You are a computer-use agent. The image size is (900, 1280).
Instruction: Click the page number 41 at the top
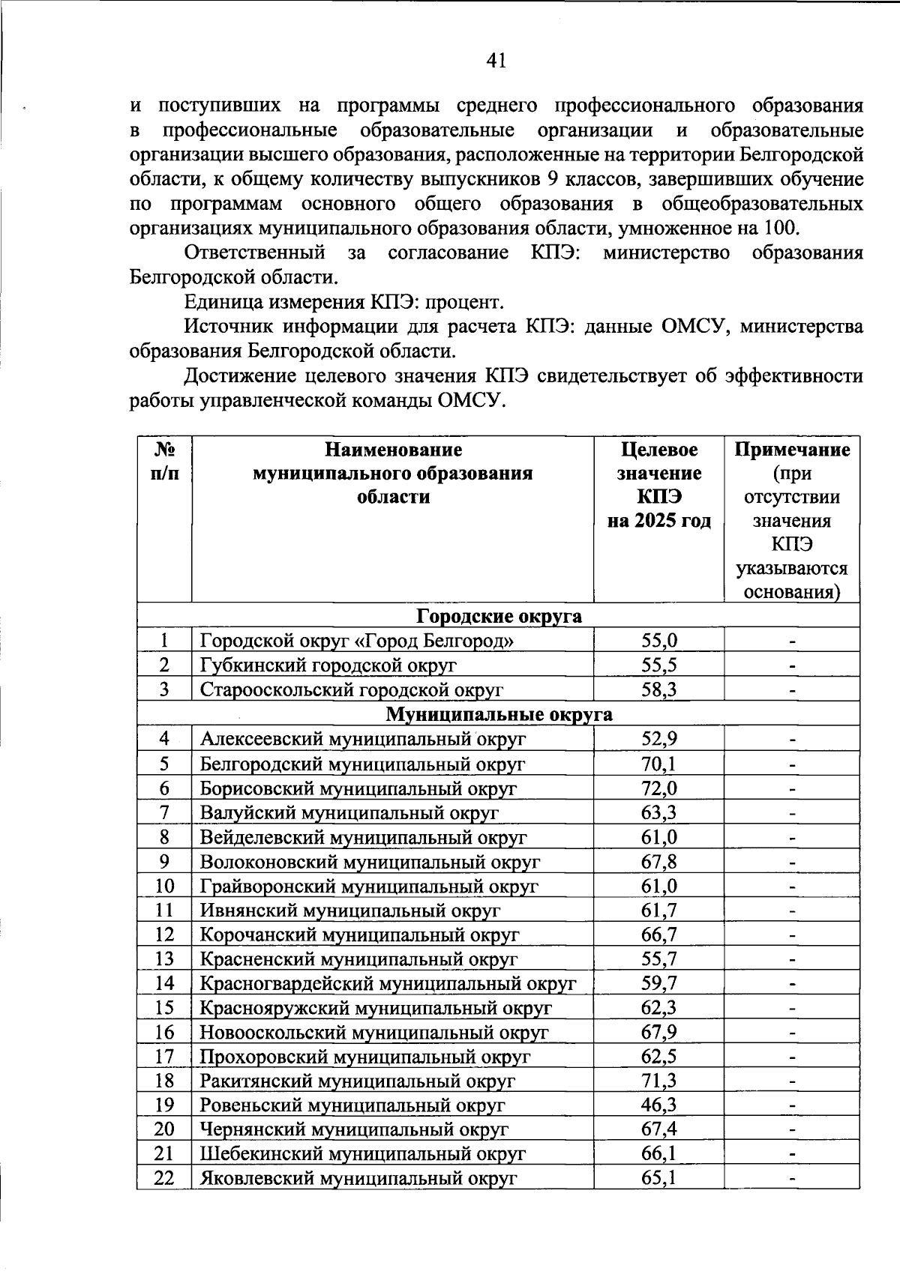click(496, 60)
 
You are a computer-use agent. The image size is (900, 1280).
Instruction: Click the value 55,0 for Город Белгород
click(659, 640)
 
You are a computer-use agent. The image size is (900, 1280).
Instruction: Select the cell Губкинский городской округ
click(328, 665)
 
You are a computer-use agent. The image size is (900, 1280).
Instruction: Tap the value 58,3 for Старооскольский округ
click(659, 689)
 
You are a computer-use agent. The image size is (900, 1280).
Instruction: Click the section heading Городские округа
click(499, 616)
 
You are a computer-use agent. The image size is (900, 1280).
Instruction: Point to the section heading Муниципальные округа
click(499, 714)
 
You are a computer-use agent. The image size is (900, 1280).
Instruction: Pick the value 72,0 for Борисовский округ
click(659, 788)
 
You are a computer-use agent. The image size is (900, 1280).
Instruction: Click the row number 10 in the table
click(164, 886)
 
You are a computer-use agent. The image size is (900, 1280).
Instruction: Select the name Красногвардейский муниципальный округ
click(387, 983)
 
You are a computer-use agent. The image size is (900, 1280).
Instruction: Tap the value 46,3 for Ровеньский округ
click(659, 1105)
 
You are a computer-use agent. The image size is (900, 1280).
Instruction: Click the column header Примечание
click(792, 450)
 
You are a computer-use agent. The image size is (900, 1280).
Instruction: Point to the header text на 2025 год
click(659, 521)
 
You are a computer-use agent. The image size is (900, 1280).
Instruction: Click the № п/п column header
click(164, 462)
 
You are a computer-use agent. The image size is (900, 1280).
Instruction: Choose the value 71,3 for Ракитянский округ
click(659, 1081)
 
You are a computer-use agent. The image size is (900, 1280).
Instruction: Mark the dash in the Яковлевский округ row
click(792, 1180)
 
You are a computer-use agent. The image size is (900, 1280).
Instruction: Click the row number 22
click(164, 1178)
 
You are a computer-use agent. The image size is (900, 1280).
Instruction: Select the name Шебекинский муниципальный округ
click(362, 1154)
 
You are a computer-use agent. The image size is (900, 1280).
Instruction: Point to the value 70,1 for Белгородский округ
click(659, 764)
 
